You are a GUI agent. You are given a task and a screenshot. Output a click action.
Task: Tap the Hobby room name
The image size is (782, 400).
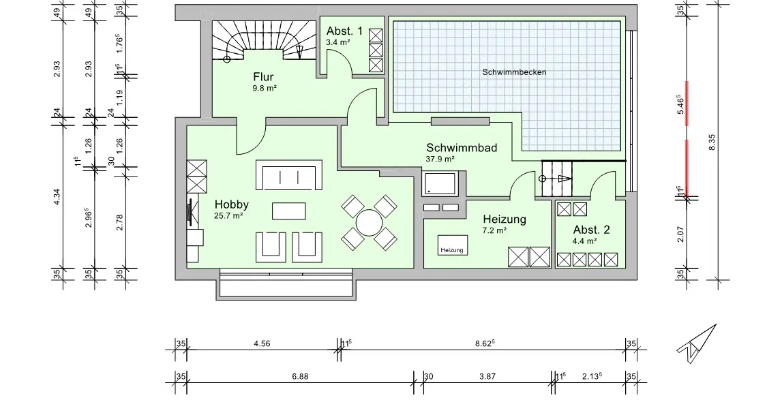coord(232,204)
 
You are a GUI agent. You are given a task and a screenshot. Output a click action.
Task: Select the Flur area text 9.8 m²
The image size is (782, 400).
coord(264,88)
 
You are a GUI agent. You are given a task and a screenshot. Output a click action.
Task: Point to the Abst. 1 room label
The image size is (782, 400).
coord(344,31)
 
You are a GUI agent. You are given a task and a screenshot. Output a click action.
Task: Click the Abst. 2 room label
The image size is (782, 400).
coord(591,230)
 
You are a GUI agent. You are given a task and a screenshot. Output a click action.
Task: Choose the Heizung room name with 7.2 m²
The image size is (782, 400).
coord(505,219)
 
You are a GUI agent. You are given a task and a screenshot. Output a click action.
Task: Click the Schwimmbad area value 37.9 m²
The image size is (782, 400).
coord(440,159)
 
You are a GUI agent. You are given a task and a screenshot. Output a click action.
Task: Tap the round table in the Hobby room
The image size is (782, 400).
coord(370,223)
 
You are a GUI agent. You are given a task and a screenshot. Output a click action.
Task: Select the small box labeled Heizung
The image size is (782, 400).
coord(452,250)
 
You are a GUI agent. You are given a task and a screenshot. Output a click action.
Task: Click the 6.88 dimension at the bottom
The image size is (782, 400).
coord(300,376)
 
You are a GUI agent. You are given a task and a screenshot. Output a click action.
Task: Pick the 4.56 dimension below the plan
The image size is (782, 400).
coord(262,344)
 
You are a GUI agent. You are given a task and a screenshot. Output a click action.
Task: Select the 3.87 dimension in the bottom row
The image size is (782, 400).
coord(487,376)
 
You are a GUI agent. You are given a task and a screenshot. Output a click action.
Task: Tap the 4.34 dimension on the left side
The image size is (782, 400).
coord(57,198)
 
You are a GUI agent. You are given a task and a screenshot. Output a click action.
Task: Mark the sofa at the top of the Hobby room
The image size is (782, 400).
coord(288,176)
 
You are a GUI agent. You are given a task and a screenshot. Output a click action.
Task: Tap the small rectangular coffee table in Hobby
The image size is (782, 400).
coord(289,211)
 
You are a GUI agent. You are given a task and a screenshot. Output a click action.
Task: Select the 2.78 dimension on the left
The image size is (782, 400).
coord(119,222)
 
